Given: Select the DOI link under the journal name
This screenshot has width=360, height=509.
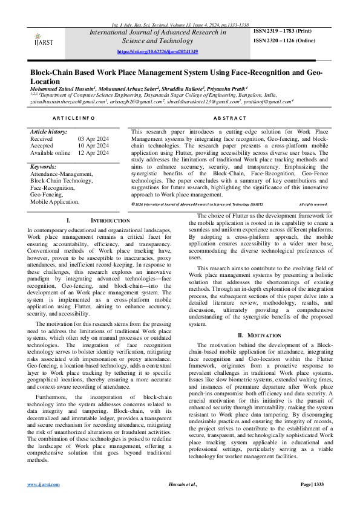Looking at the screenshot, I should [157, 52].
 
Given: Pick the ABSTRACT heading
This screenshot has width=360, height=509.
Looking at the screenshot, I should [230, 118].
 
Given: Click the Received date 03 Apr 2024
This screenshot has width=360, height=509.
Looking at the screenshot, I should [94, 139].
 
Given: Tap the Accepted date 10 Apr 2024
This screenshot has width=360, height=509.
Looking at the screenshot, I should [94, 146].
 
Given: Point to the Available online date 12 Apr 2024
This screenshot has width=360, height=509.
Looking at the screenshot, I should [94, 153].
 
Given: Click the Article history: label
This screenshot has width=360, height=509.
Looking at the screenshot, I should [49, 132].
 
